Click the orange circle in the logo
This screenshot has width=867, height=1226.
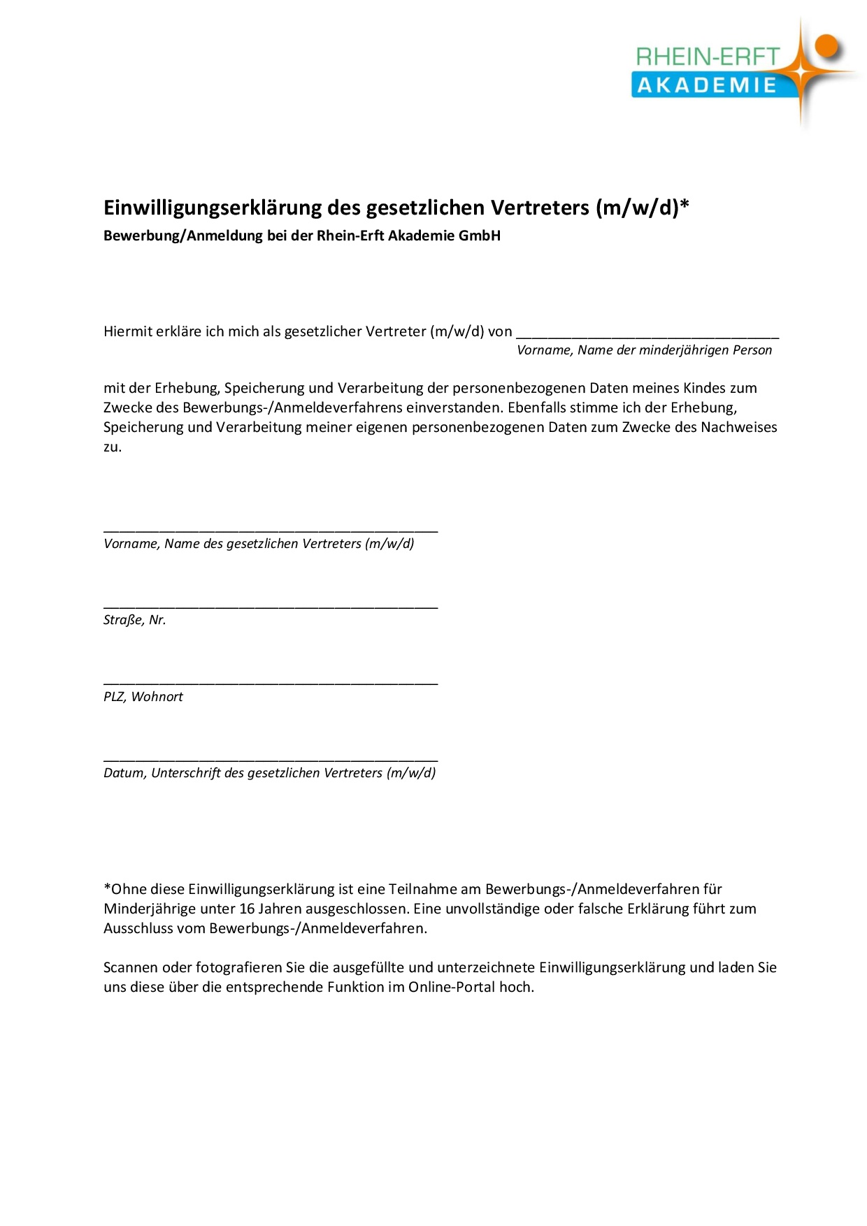point(826,46)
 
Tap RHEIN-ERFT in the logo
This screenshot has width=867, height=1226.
point(707,57)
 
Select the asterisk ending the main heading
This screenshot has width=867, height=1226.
point(685,205)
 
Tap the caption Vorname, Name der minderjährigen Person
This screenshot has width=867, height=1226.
point(644,350)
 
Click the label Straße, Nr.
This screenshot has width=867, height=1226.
point(135,620)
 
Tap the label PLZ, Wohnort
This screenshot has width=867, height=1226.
point(143,697)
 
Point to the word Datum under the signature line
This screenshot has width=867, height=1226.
point(124,773)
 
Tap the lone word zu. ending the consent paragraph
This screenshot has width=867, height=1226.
point(113,447)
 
